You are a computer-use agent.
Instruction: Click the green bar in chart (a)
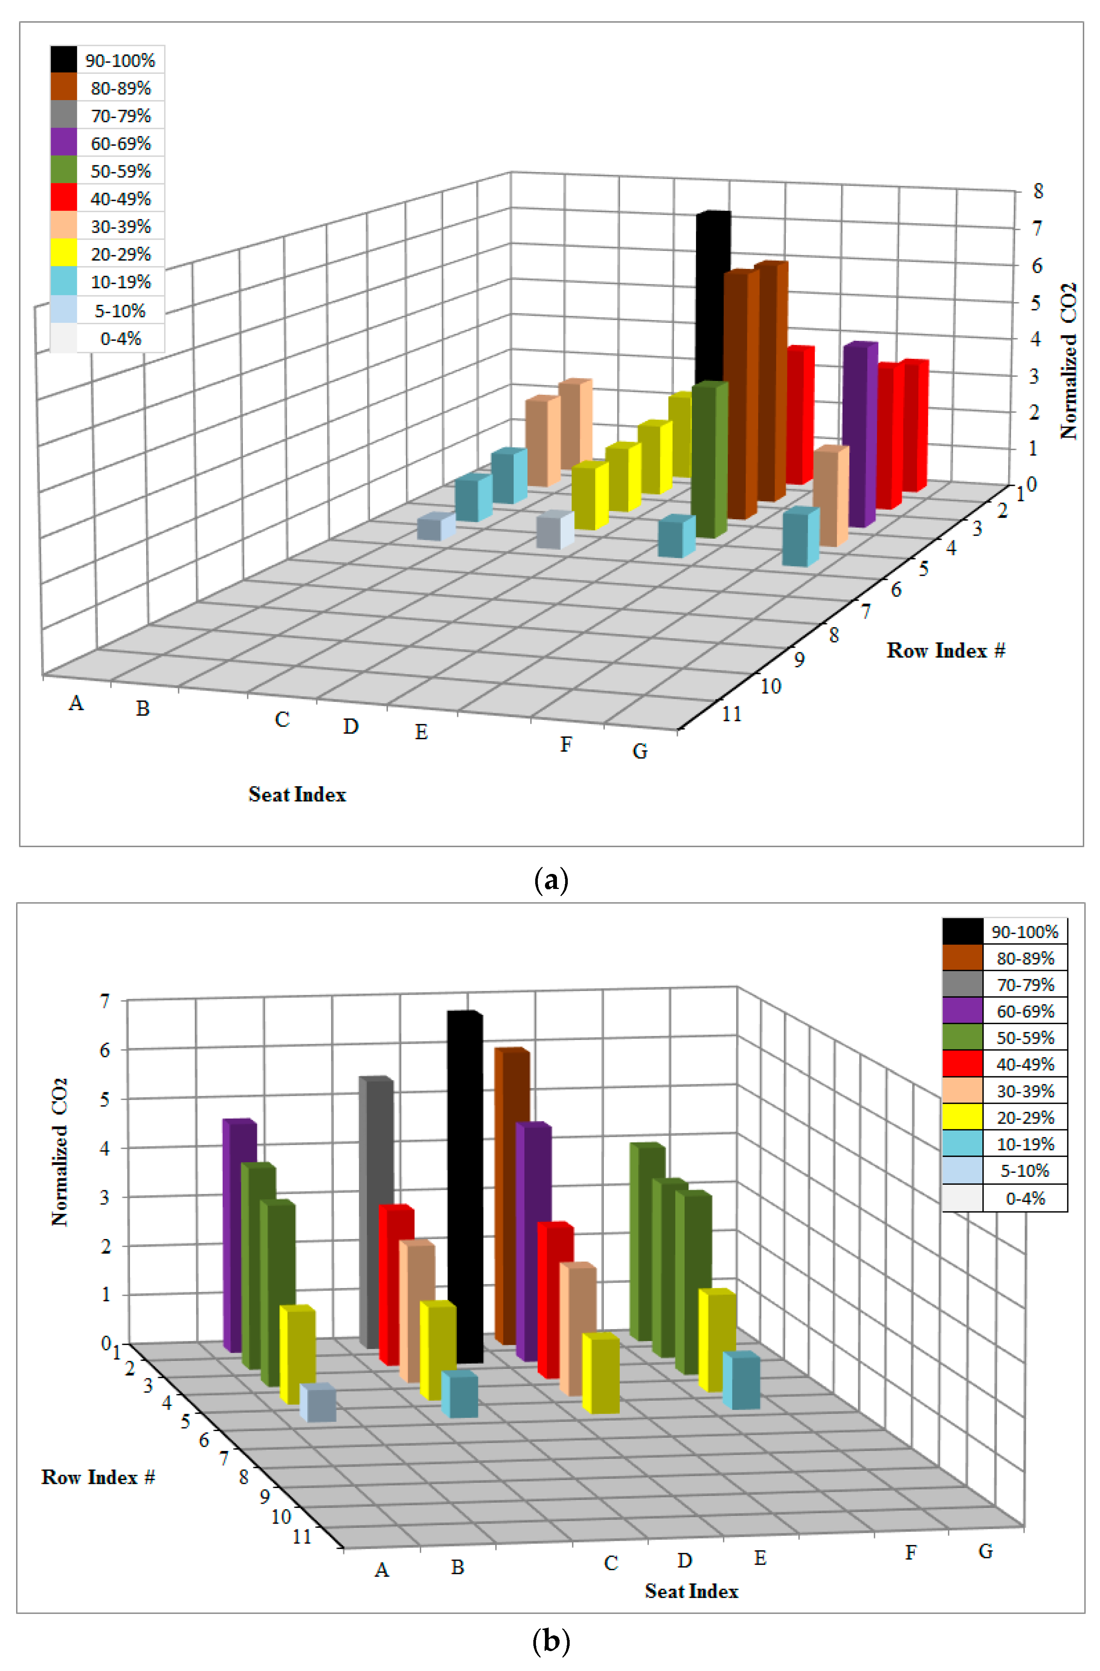[x=708, y=460]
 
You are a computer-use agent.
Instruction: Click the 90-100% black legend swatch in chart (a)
[x=63, y=60]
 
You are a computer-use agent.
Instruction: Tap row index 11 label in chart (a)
[x=732, y=714]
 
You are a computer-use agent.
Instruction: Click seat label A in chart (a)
[x=76, y=703]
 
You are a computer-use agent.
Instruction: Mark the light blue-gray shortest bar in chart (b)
[x=318, y=1404]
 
